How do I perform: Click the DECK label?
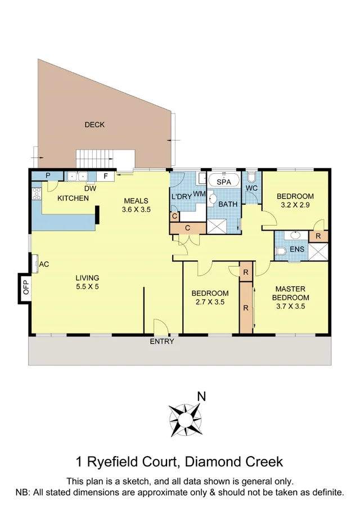pyautogui.click(x=94, y=125)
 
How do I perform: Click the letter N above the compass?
pyautogui.click(x=201, y=397)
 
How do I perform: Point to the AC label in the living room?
pyautogui.click(x=45, y=263)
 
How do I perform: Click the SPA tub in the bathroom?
pyautogui.click(x=224, y=182)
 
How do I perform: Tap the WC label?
pyautogui.click(x=251, y=187)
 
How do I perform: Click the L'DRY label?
pyautogui.click(x=181, y=197)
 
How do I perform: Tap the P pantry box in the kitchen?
pyautogui.click(x=48, y=175)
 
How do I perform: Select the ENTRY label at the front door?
pyautogui.click(x=161, y=341)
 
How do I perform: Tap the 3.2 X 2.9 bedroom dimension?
pyautogui.click(x=295, y=206)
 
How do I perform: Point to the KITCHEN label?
pyautogui.click(x=73, y=199)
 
